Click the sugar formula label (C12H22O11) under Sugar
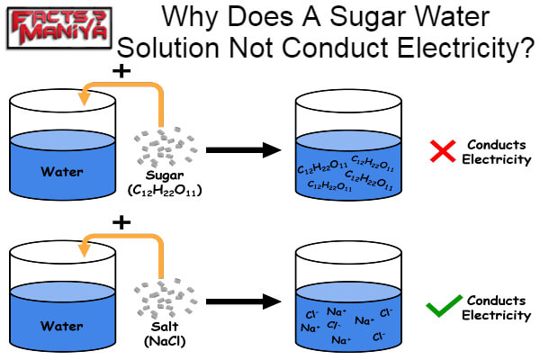pyautogui.click(x=165, y=190)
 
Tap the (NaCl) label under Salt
pyautogui.click(x=165, y=342)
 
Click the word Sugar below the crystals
pyautogui.click(x=165, y=175)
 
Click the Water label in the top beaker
pyautogui.click(x=60, y=171)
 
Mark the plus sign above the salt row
pyautogui.click(x=122, y=221)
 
